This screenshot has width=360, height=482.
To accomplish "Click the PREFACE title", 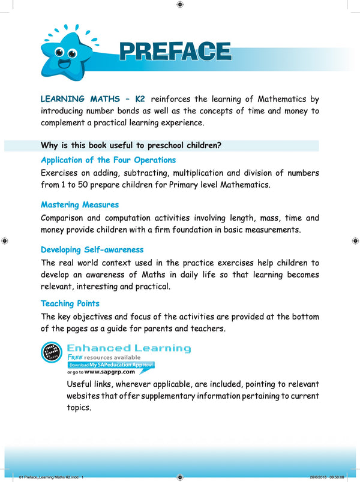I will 175,52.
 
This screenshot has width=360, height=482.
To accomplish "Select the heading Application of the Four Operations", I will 108,160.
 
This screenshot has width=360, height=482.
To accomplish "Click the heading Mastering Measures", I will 80,205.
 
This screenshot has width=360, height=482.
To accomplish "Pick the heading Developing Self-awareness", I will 92,249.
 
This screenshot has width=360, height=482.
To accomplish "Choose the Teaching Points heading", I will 70,303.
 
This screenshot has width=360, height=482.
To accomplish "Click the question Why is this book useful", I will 131,145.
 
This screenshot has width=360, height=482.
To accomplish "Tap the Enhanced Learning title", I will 129,348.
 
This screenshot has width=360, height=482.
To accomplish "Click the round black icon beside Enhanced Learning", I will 52,353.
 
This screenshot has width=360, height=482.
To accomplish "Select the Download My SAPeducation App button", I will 111,364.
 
